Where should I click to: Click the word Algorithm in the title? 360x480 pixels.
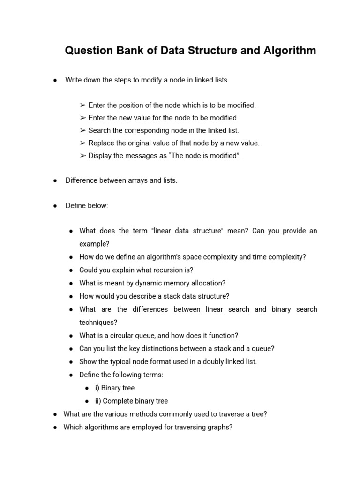(x=288, y=51)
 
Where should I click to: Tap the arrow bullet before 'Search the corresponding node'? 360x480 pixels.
(x=83, y=130)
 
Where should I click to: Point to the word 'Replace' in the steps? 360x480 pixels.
(x=101, y=143)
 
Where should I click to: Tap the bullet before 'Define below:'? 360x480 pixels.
(x=55, y=206)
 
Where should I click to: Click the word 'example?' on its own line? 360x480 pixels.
(x=94, y=244)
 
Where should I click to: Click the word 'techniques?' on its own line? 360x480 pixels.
(x=98, y=322)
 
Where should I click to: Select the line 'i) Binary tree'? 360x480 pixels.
(x=114, y=388)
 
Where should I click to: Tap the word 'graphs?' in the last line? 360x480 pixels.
(x=219, y=427)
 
